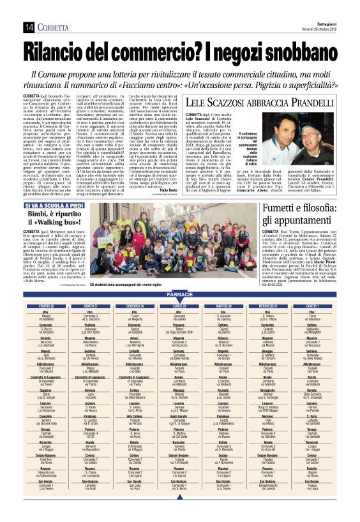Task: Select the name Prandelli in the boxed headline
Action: pyautogui.click(x=308, y=101)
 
